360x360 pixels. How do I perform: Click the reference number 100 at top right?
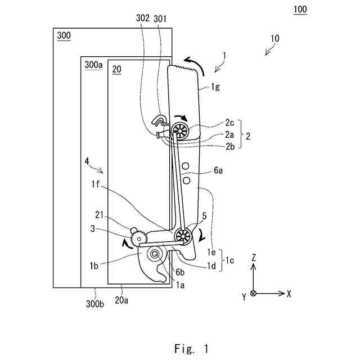click(x=299, y=10)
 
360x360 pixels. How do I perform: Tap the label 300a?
click(x=93, y=65)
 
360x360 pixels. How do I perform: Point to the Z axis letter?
click(x=254, y=258)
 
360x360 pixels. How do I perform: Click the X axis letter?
click(x=289, y=294)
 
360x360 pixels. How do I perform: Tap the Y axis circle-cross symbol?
click(x=253, y=294)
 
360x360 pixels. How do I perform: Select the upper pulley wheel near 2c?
click(x=181, y=130)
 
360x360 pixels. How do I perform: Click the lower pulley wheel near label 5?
click(x=182, y=236)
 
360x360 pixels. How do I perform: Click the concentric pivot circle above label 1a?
click(x=154, y=255)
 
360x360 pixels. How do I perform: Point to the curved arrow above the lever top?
click(x=193, y=61)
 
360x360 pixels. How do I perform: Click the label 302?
click(x=142, y=18)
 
